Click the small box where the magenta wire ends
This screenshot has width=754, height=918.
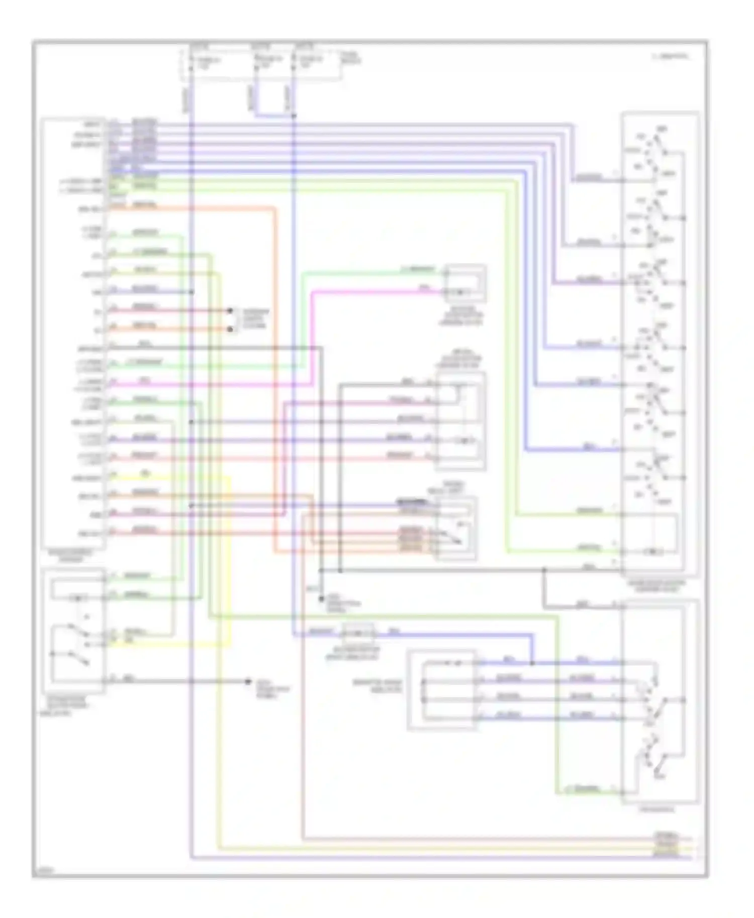click(x=464, y=284)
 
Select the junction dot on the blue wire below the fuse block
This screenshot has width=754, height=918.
click(x=294, y=116)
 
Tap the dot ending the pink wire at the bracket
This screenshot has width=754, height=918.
click(x=230, y=311)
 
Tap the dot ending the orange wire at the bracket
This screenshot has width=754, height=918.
click(x=230, y=329)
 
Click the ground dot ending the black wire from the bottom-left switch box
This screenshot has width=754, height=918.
click(x=247, y=681)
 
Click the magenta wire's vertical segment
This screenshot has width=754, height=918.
click(x=312, y=336)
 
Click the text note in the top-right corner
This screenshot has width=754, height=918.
click(x=671, y=57)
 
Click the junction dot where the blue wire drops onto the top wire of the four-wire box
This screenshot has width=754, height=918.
click(x=532, y=663)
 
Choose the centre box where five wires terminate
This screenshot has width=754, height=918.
click(x=460, y=421)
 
